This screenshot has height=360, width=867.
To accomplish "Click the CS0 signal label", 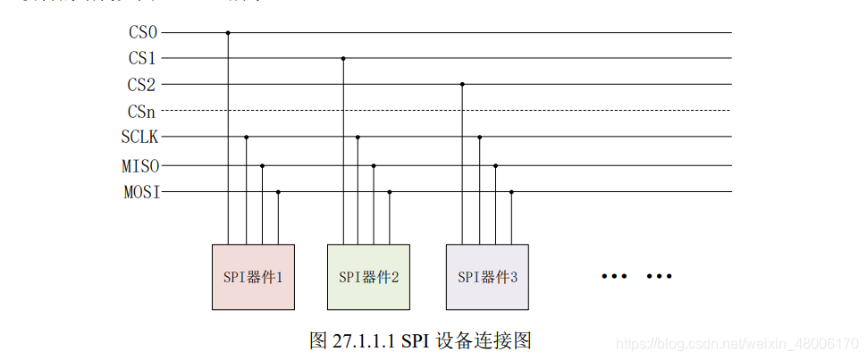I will [x=143, y=33].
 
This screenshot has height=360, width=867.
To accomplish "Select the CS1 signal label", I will [x=143, y=59].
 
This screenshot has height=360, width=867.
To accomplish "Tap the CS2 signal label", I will [x=143, y=85].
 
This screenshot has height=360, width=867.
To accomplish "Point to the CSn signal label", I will [x=143, y=112].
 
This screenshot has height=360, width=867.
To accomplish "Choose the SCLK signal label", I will [x=140, y=138].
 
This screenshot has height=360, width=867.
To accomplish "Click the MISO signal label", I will [x=140, y=166].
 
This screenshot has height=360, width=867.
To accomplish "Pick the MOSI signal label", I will [x=140, y=192].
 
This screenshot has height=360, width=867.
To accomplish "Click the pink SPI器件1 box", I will [x=253, y=277].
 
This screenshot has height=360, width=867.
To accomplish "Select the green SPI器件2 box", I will [x=368, y=277].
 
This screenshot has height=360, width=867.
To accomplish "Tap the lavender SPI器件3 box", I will [x=487, y=277].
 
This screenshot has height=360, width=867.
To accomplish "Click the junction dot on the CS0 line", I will [x=228, y=33].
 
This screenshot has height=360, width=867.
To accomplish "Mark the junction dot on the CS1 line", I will [x=343, y=59].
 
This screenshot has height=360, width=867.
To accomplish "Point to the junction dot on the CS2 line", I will [x=462, y=85].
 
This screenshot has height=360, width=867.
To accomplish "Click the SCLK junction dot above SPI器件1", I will [x=246, y=138].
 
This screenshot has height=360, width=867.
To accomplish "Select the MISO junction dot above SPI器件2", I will [x=374, y=166].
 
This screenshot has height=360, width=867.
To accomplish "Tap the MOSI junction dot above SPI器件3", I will [x=511, y=192].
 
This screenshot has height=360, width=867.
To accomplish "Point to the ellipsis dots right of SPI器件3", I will [x=636, y=277].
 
